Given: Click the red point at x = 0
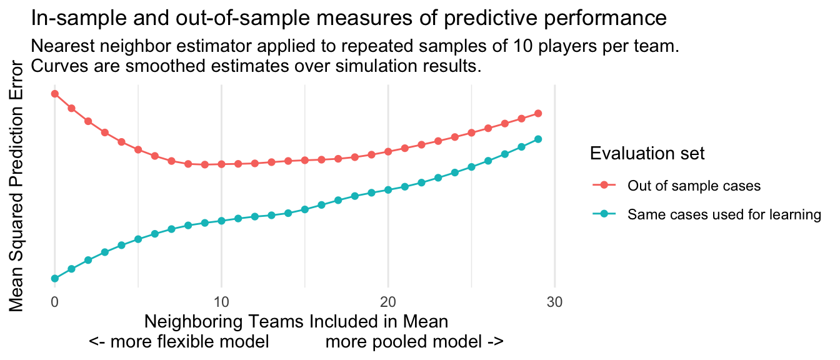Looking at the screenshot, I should click(55, 94).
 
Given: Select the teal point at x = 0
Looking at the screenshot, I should click(55, 278).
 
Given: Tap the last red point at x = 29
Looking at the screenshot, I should click(538, 114).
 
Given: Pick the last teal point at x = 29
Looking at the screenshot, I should click(538, 139).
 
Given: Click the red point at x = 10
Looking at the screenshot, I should click(221, 164).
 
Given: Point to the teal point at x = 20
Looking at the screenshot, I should click(388, 189).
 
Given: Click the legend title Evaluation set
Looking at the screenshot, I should click(647, 153).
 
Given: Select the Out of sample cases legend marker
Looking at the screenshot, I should click(604, 185).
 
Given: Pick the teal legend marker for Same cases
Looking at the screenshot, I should click(604, 214).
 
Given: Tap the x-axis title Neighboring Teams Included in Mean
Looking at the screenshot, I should click(296, 322).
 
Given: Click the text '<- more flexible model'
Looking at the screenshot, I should click(179, 342).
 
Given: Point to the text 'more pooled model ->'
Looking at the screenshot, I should click(414, 342).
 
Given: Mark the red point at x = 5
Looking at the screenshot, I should click(138, 149).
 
